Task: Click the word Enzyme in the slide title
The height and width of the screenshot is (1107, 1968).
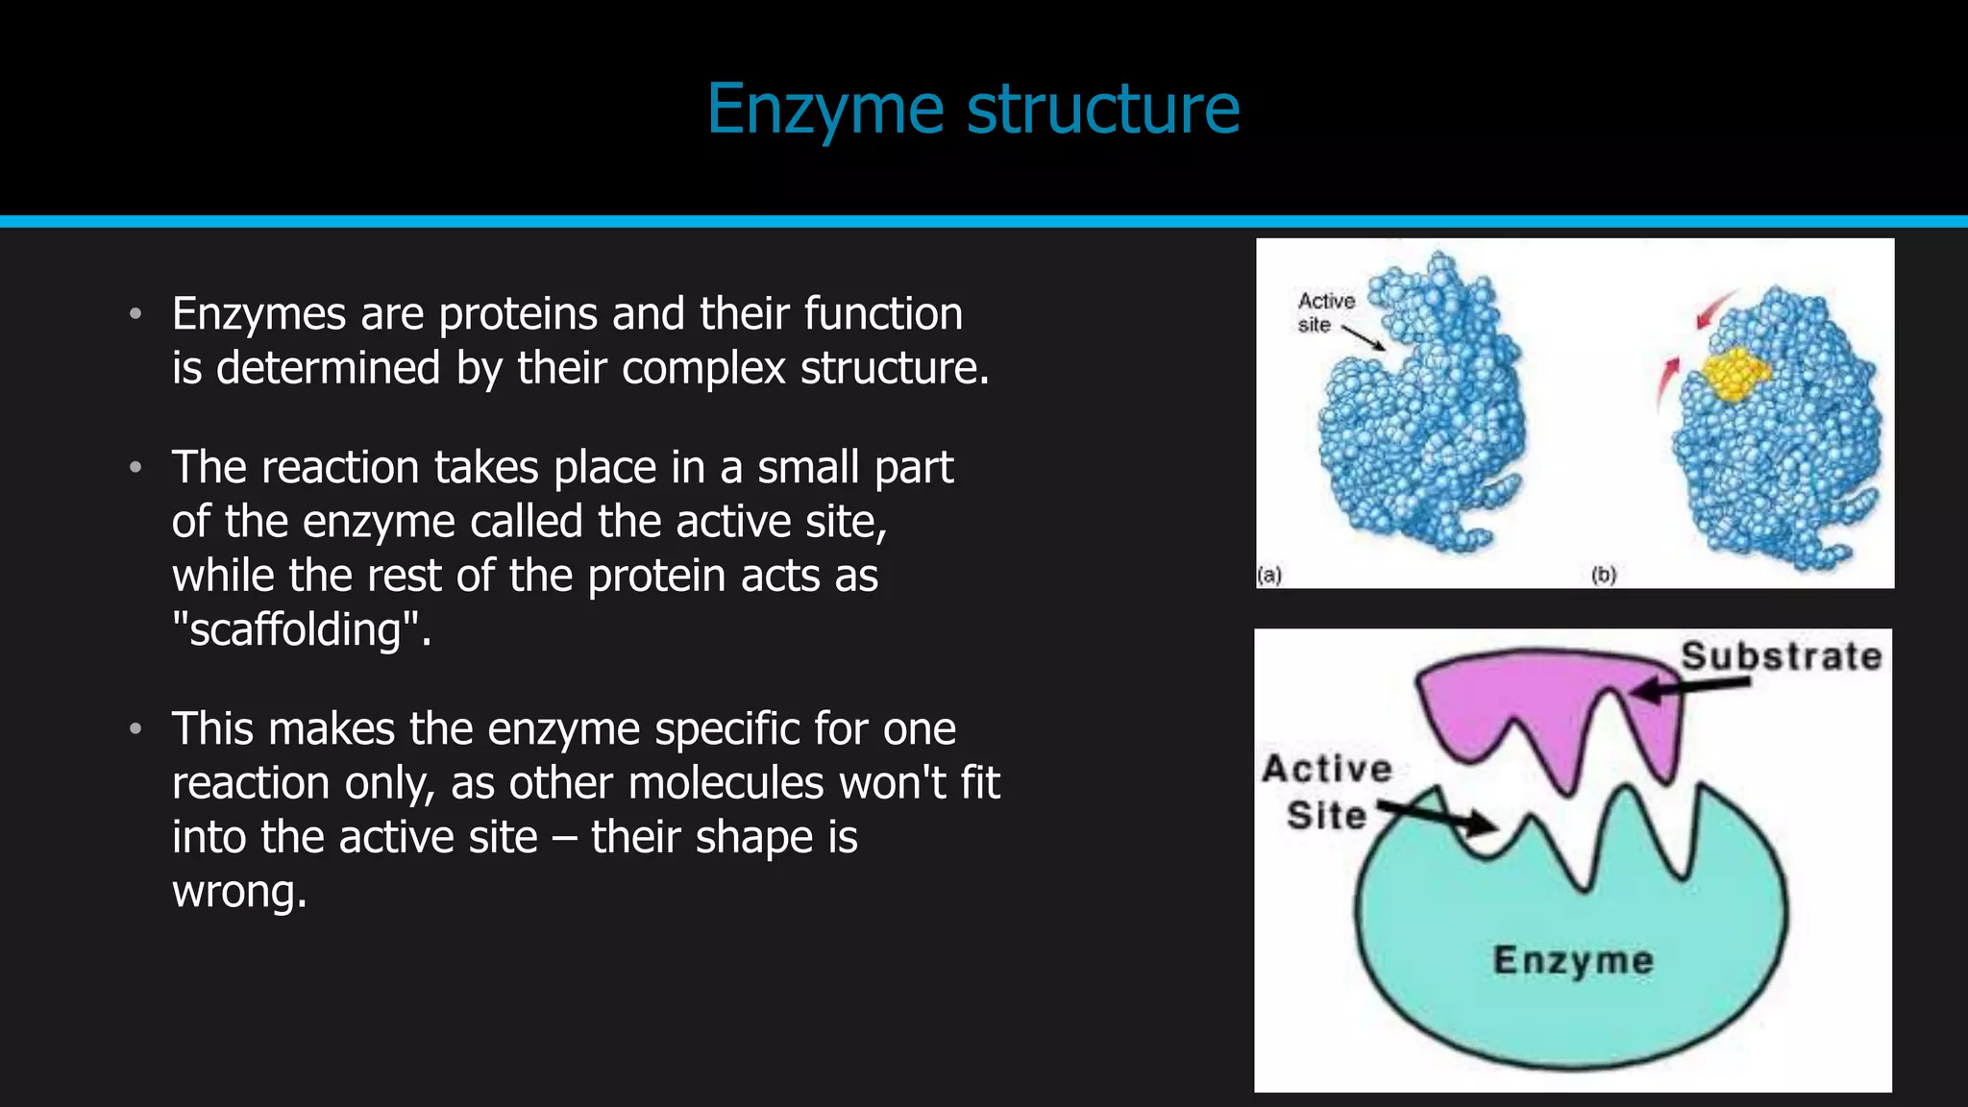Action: coord(824,110)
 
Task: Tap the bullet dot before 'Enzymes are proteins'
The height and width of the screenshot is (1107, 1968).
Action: coord(135,314)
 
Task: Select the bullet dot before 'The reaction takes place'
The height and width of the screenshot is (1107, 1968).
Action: coord(135,468)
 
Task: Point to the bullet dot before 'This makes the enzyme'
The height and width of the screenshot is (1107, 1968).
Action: coord(135,729)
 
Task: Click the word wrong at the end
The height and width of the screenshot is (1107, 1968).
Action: coord(238,892)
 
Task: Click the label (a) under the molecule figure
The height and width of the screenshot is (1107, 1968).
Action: coord(1270,575)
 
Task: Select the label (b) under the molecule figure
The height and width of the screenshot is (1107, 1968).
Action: coord(1603,575)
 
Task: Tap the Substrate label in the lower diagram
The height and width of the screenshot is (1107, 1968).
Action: coord(1781,656)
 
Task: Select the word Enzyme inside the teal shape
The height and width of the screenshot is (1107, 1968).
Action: coord(1573,960)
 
